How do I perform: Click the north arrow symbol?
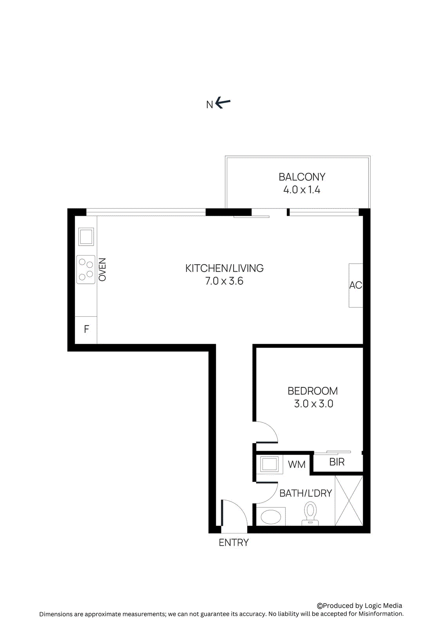(222, 103)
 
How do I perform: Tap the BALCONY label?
(302, 177)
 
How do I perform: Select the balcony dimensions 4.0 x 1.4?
(302, 190)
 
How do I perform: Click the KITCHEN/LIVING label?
(224, 268)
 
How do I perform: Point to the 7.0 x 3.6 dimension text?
(224, 281)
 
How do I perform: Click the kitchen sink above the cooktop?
(86, 237)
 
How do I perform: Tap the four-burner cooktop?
(86, 269)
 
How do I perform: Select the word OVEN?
(102, 270)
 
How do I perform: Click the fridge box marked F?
(86, 330)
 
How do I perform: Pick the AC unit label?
(356, 285)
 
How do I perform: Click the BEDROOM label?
(313, 391)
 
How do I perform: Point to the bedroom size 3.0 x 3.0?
(313, 404)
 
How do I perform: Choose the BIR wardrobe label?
(337, 462)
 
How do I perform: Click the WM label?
(297, 465)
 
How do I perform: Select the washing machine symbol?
(269, 464)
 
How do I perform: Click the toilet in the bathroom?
(310, 513)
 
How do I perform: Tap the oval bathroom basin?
(271, 516)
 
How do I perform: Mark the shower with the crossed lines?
(349, 500)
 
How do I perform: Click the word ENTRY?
(234, 543)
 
